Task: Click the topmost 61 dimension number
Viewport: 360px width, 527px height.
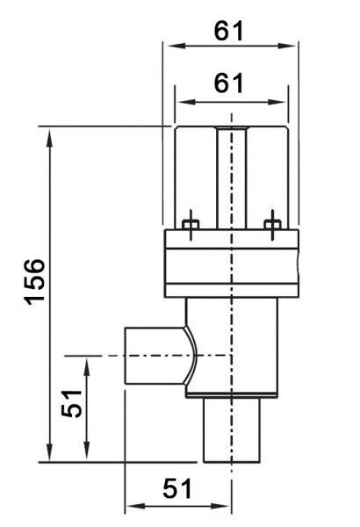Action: pos(228,32)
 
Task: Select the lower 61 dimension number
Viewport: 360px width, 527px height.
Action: pos(228,83)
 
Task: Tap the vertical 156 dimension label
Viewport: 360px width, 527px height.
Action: pos(35,282)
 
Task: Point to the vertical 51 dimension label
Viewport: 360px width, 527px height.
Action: pos(72,403)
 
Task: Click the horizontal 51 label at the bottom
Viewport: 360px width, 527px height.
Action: pos(177,488)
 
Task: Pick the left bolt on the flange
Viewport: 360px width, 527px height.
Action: pos(191,225)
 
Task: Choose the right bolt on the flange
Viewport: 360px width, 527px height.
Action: pos(272,225)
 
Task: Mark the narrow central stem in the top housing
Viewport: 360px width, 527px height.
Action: pos(232,178)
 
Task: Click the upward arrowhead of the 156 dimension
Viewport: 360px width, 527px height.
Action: pos(49,138)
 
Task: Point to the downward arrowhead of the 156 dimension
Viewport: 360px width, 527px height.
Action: pos(49,452)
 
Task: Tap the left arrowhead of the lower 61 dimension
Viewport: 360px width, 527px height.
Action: pos(186,102)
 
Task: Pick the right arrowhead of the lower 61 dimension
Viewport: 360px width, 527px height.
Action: pos(276,102)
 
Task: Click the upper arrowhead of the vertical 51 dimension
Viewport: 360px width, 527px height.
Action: pos(87,368)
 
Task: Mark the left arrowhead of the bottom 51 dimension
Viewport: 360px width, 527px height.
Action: pos(136,506)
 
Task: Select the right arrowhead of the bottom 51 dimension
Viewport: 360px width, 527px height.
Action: pos(220,506)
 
